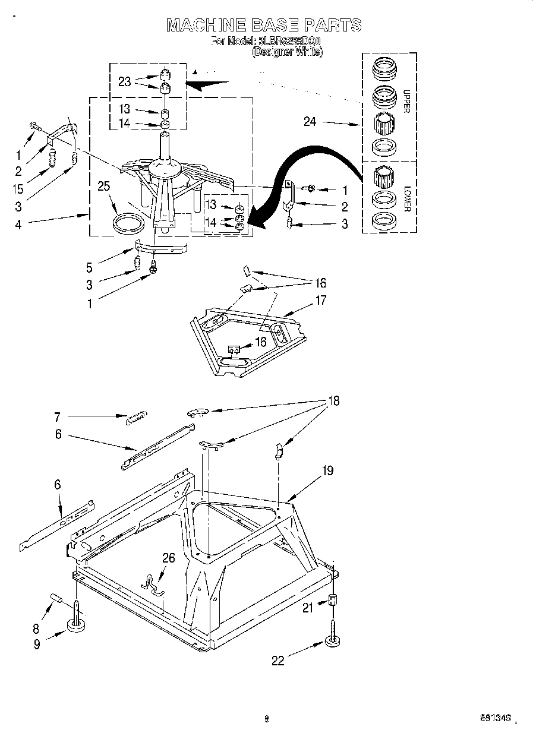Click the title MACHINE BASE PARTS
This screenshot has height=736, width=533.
(263, 25)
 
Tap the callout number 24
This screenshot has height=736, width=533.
(310, 122)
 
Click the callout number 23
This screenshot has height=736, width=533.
(124, 82)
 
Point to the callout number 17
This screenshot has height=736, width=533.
(320, 300)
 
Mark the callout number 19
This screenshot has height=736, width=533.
(327, 471)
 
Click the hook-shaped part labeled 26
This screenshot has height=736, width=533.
(153, 581)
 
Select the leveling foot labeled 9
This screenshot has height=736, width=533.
(76, 624)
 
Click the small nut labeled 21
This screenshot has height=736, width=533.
(333, 600)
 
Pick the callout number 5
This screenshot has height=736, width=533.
(89, 268)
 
